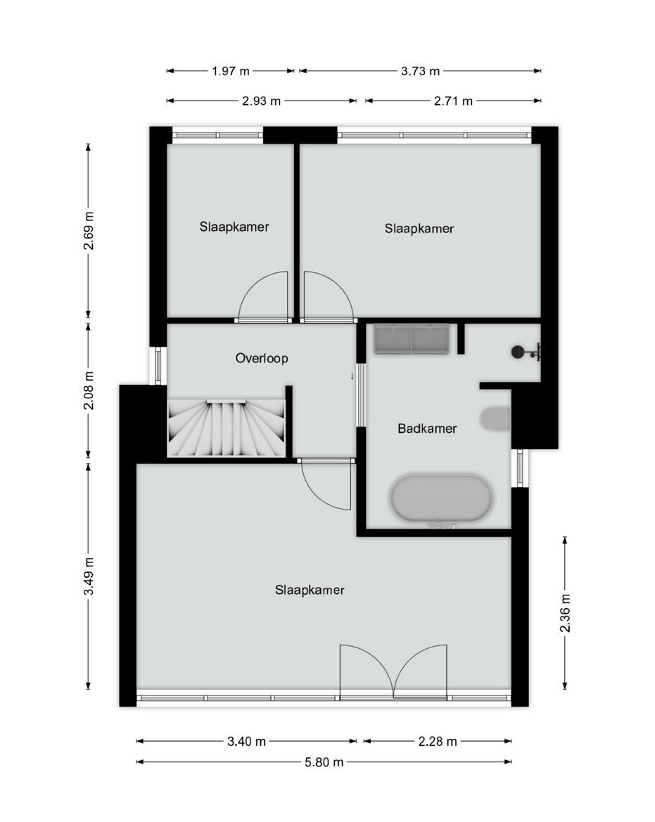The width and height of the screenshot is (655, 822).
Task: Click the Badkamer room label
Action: [427, 428]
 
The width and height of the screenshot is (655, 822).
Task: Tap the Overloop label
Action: [262, 358]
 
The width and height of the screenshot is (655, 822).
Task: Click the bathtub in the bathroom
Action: [441, 499]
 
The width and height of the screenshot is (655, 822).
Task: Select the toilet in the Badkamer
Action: [496, 419]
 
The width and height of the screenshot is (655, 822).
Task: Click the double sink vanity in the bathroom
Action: [412, 339]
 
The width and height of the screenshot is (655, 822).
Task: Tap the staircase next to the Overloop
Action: [227, 427]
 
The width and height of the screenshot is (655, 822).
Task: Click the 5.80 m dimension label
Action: [324, 761]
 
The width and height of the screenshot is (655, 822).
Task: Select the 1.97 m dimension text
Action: [231, 70]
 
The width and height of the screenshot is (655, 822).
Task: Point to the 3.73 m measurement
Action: [420, 70]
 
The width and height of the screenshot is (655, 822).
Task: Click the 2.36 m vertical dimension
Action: [564, 613]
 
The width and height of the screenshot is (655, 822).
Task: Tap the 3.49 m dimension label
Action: [88, 576]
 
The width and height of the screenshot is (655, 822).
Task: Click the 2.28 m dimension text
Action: [438, 741]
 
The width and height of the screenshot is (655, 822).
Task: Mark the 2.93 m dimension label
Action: [262, 101]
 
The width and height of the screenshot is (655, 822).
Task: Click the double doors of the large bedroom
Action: [393, 672]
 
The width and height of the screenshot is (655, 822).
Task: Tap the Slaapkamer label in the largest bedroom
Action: [310, 590]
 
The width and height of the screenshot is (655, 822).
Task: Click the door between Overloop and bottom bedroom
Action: [325, 483]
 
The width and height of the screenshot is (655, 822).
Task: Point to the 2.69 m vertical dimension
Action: [88, 230]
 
